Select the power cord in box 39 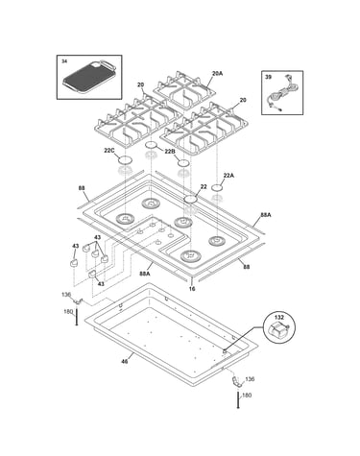[281, 93]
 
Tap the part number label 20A [217, 73]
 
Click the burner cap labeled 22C [125, 159]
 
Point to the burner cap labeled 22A [218, 187]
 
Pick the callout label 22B [170, 152]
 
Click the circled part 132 [278, 331]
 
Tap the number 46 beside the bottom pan [125, 361]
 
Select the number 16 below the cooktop [192, 289]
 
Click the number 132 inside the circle [279, 318]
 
